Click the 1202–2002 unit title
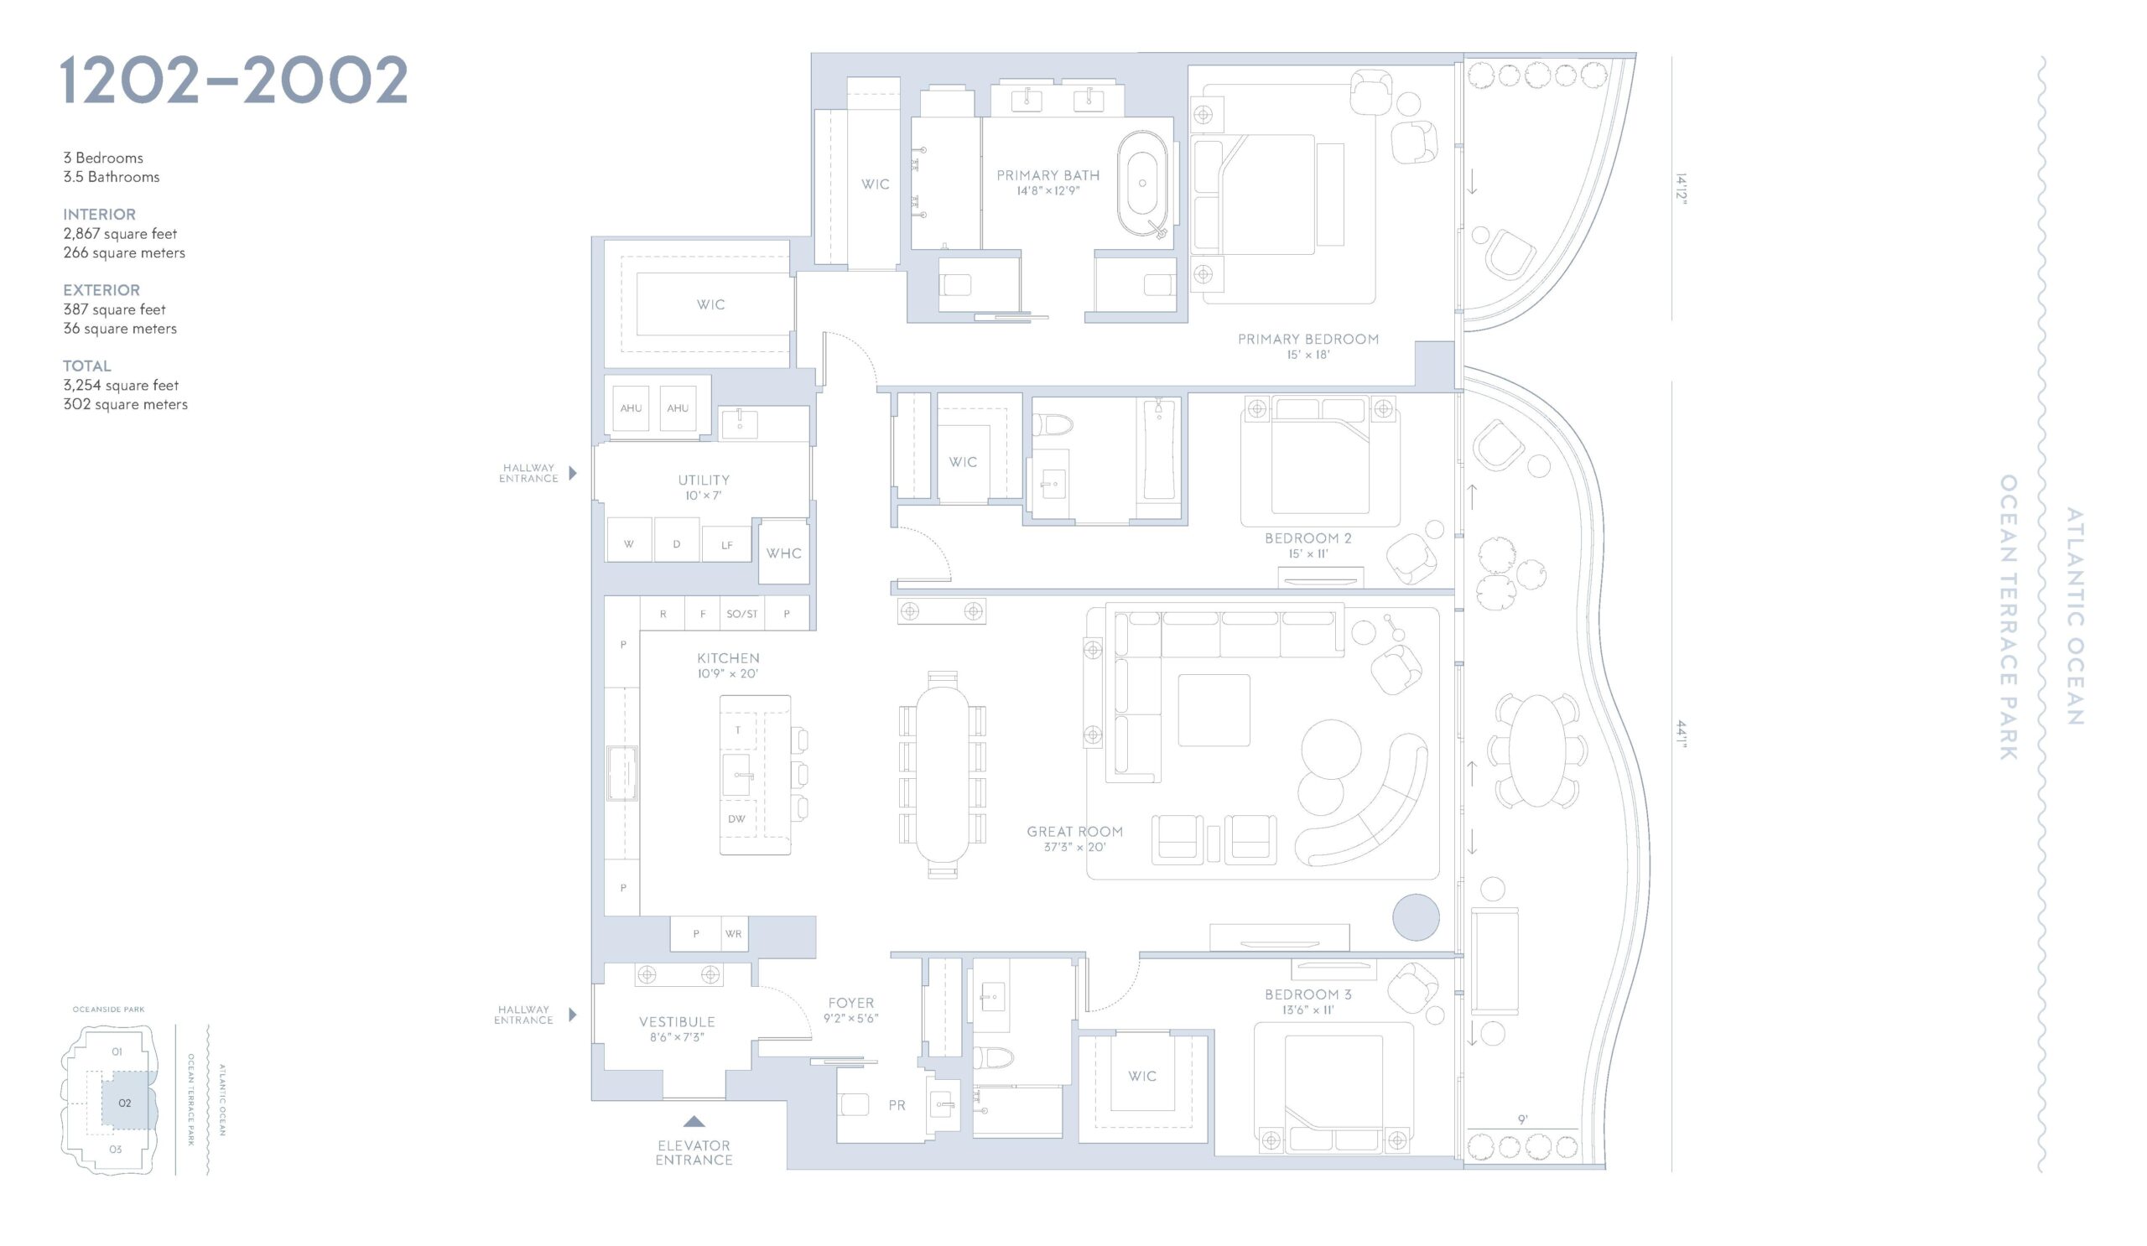[234, 80]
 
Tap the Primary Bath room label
[1048, 175]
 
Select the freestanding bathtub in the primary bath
[1142, 183]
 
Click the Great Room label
[1074, 831]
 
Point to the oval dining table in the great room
[943, 774]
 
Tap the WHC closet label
[784, 553]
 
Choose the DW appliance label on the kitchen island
[737, 818]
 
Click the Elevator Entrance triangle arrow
[694, 1122]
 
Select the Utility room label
[704, 480]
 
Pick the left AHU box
[631, 408]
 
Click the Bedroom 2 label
[1307, 538]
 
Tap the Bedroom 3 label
[1307, 994]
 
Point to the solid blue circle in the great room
[1416, 917]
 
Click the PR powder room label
[897, 1105]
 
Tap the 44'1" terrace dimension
[1680, 734]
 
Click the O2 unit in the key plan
[124, 1103]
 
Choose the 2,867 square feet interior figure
[120, 233]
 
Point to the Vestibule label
[678, 1022]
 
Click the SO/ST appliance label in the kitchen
[742, 614]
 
